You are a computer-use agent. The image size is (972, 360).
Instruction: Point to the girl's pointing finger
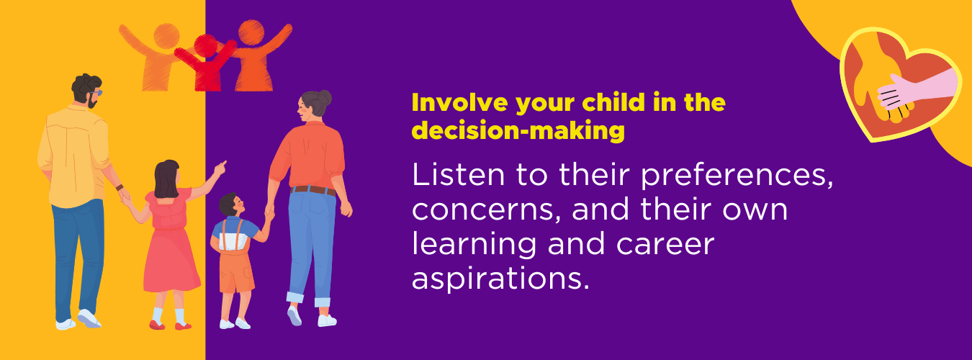(x=222, y=165)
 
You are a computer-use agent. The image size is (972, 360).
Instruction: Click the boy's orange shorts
(x=236, y=268)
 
